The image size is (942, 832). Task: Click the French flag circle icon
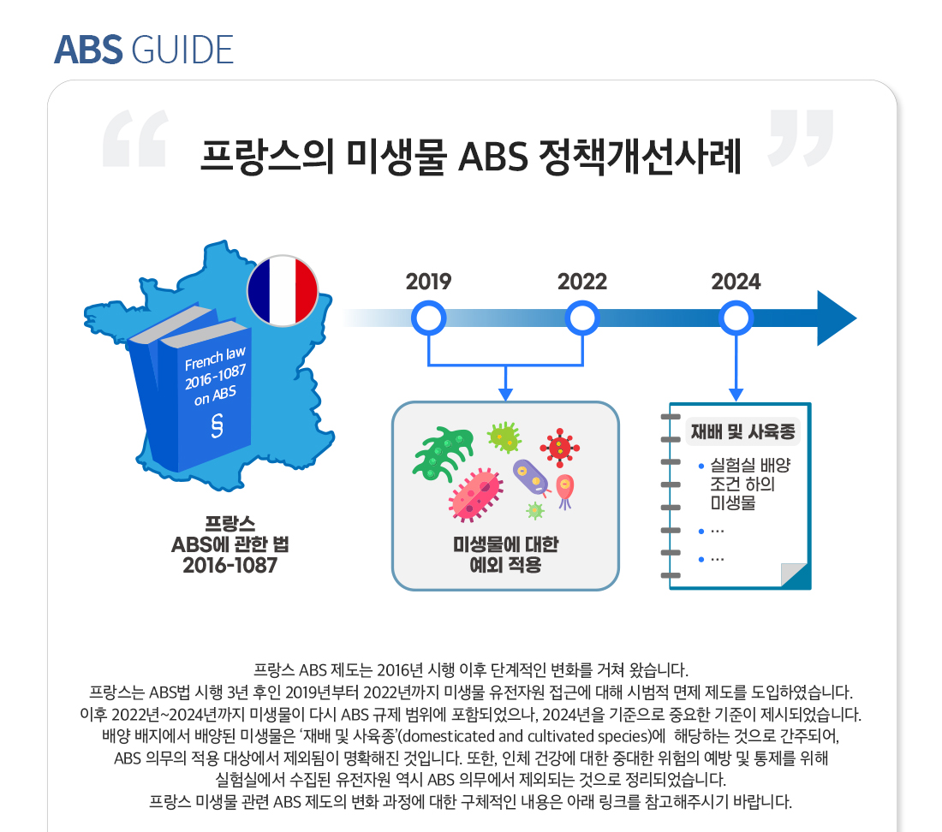coord(282,289)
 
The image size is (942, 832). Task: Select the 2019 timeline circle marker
coord(428,319)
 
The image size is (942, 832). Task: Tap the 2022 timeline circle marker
coord(582,319)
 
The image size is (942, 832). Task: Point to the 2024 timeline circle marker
coord(736,319)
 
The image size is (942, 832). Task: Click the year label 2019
coord(428,282)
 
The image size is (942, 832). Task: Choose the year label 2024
coord(736,282)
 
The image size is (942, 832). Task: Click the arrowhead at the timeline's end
coord(835,319)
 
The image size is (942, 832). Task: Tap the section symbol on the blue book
coord(218,425)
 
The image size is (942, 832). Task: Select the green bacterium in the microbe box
coord(444,451)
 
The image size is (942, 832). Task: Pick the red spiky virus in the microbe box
coord(560,447)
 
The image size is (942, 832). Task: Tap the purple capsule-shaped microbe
coord(531,478)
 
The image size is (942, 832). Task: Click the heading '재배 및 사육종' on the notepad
coord(743,431)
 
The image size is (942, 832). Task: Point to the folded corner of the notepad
coord(793,573)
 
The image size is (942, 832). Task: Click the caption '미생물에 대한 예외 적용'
coord(505,555)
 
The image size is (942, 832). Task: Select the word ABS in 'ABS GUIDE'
coord(89,51)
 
